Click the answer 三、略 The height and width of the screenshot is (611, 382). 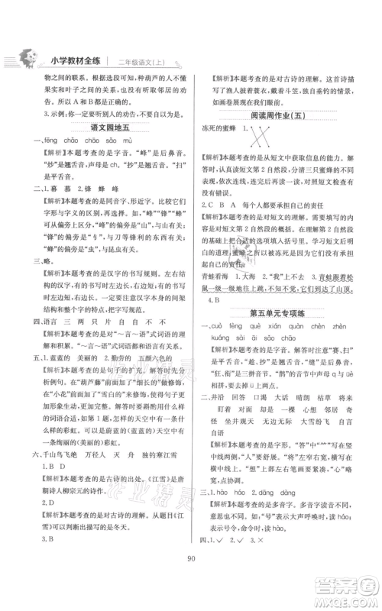point(37,258)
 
